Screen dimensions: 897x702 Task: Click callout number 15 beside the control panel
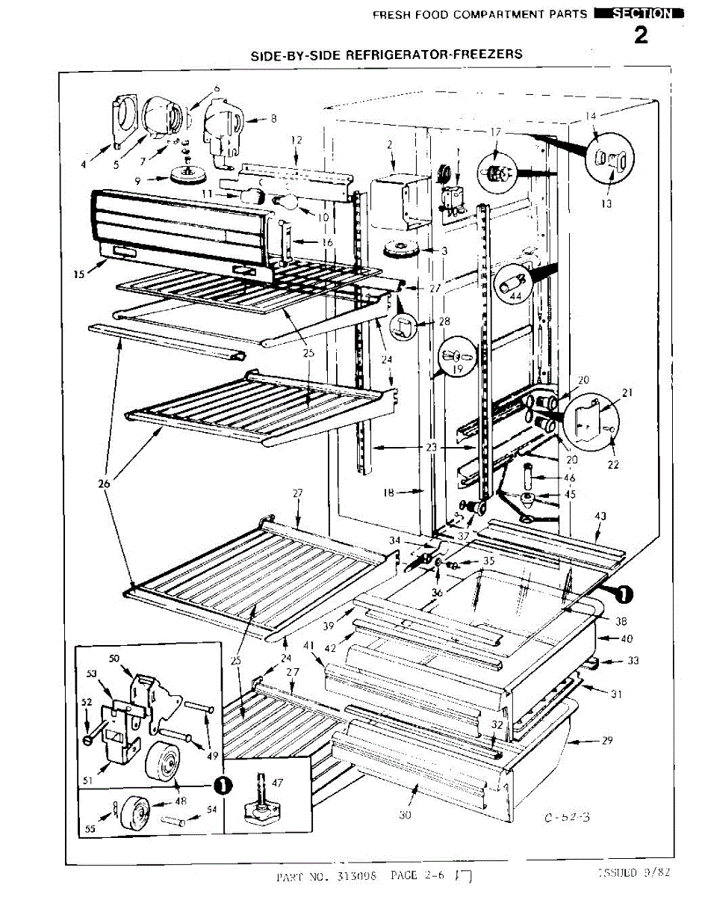(79, 274)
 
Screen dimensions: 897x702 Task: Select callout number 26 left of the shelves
(104, 484)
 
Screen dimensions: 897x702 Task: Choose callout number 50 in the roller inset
(114, 658)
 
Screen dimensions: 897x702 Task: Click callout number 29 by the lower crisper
(607, 741)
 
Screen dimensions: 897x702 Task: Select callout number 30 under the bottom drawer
(405, 815)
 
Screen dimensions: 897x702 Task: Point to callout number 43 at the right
(601, 517)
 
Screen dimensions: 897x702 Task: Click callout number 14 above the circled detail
(591, 117)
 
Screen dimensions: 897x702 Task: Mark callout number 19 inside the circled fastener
(456, 369)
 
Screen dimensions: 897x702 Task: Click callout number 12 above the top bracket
(296, 140)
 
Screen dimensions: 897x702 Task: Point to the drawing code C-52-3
(567, 817)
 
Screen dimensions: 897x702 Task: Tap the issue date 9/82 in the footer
(646, 872)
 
